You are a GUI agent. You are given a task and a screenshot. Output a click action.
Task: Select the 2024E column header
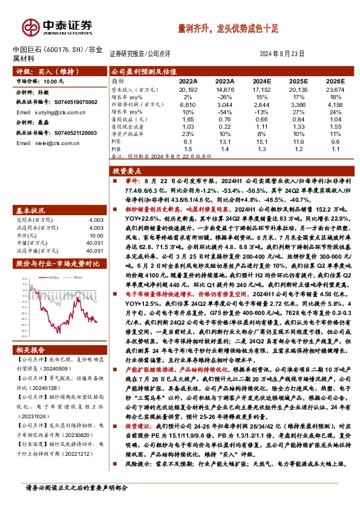coord(261,80)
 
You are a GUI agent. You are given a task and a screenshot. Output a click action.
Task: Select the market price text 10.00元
coord(53,80)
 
